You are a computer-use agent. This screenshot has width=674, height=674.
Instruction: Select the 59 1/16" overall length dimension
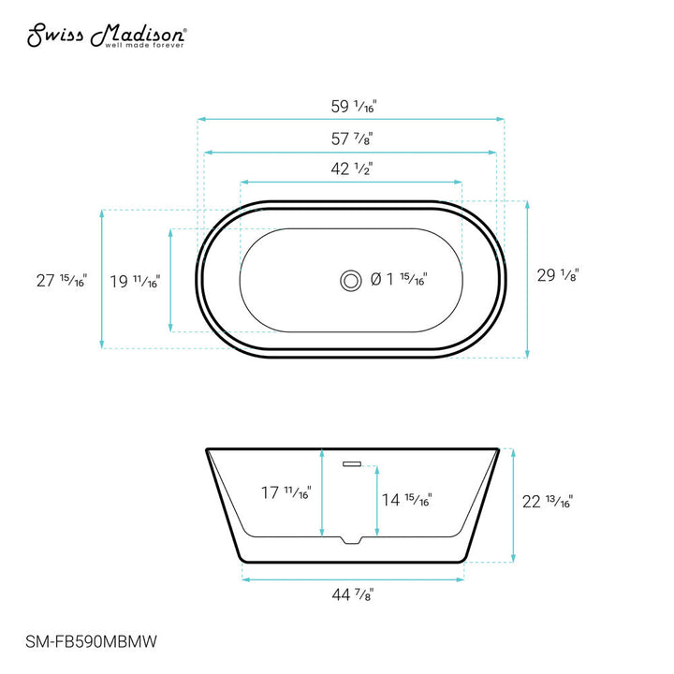[351, 107]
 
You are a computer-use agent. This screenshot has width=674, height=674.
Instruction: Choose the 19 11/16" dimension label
[134, 280]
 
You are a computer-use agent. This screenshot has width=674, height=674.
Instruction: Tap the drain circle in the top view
[351, 279]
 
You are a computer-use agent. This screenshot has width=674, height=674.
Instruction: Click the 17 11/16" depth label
[286, 491]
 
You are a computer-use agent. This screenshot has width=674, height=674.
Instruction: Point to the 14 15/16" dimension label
[405, 500]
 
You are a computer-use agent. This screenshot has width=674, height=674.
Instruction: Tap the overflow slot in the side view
[352, 462]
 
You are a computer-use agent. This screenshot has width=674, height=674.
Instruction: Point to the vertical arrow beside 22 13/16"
[512, 505]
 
